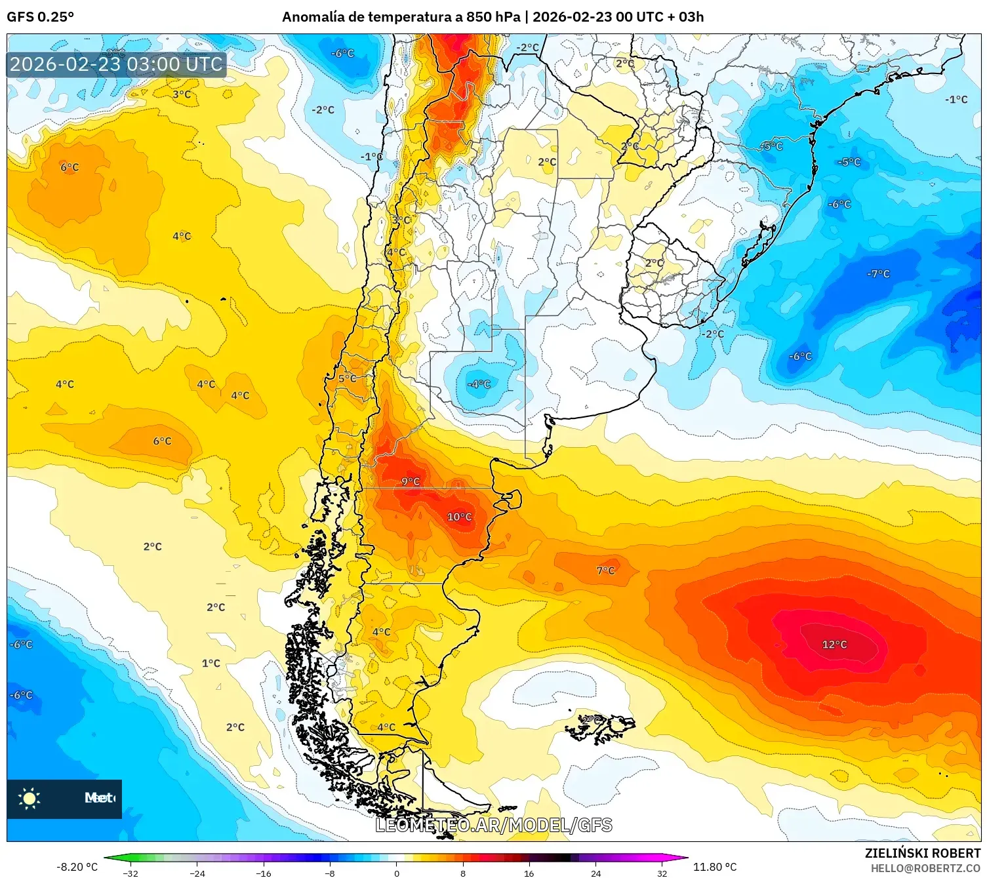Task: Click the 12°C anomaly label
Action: click(x=834, y=645)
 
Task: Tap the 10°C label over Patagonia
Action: click(x=459, y=517)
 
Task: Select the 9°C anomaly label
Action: click(x=411, y=481)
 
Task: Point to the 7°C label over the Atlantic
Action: click(x=605, y=570)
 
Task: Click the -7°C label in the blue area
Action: click(x=878, y=273)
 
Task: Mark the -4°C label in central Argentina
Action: click(x=479, y=384)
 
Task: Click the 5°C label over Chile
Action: click(x=347, y=378)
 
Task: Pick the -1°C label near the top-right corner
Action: click(x=956, y=100)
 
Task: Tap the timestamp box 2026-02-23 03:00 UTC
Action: click(x=116, y=64)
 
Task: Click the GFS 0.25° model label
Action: click(x=40, y=17)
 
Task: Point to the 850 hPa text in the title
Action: click(x=493, y=17)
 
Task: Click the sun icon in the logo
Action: click(x=30, y=798)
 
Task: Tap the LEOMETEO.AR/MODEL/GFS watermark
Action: click(x=494, y=825)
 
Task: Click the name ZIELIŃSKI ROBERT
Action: click(x=922, y=853)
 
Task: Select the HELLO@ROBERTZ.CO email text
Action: click(x=925, y=868)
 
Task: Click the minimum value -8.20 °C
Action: click(x=77, y=867)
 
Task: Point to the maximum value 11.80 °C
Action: click(x=715, y=867)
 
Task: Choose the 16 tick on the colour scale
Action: click(x=529, y=873)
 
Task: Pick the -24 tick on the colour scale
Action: click(x=197, y=873)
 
